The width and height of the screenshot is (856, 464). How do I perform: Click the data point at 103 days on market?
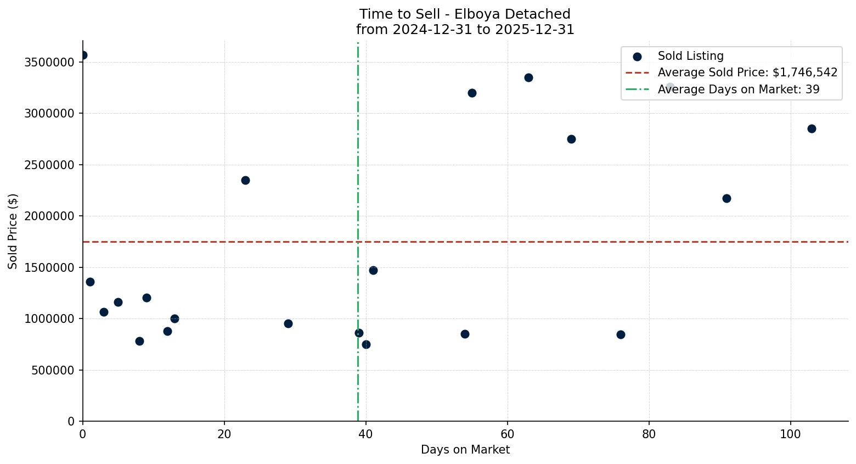click(x=812, y=128)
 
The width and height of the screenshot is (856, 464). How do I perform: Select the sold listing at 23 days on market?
click(x=245, y=180)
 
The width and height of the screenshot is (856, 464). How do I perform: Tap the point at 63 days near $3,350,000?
click(x=528, y=77)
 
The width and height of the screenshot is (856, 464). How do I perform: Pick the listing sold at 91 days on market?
click(x=727, y=198)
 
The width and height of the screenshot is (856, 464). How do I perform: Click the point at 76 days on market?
click(x=621, y=334)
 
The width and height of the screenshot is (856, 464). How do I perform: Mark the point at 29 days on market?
click(x=288, y=323)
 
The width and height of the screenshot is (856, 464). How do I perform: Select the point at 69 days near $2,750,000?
click(x=571, y=139)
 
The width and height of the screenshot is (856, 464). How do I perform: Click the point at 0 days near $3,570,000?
click(x=83, y=55)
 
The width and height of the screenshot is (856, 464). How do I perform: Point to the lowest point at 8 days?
click(x=139, y=341)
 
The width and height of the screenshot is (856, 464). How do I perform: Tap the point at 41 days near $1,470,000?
click(x=373, y=270)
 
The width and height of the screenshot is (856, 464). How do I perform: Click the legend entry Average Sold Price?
click(x=747, y=72)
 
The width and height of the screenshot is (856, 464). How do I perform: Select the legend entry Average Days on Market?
click(x=738, y=90)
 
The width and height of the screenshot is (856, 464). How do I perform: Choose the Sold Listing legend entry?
click(x=690, y=56)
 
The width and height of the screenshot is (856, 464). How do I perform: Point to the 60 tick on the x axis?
click(x=508, y=434)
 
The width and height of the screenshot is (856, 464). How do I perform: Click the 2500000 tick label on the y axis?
click(x=49, y=165)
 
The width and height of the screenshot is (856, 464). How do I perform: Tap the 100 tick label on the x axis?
click(x=791, y=434)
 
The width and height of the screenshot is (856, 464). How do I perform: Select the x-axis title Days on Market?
click(x=465, y=450)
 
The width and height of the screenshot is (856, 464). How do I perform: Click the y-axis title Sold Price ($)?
click(x=13, y=231)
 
